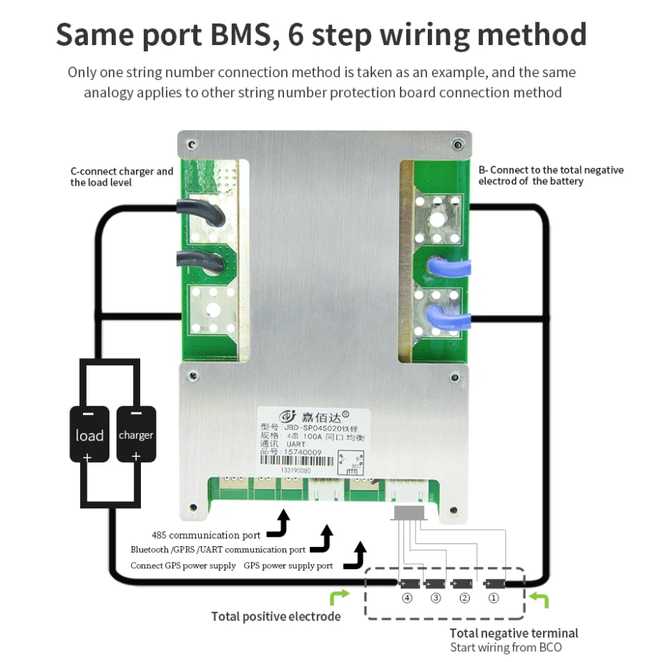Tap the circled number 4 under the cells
[x=407, y=598]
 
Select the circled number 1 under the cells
[x=493, y=598]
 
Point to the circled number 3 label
[x=436, y=598]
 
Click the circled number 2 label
[x=464, y=598]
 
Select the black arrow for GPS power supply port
[x=356, y=556]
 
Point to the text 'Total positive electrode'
[x=275, y=616]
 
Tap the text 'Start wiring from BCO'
[x=506, y=648]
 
